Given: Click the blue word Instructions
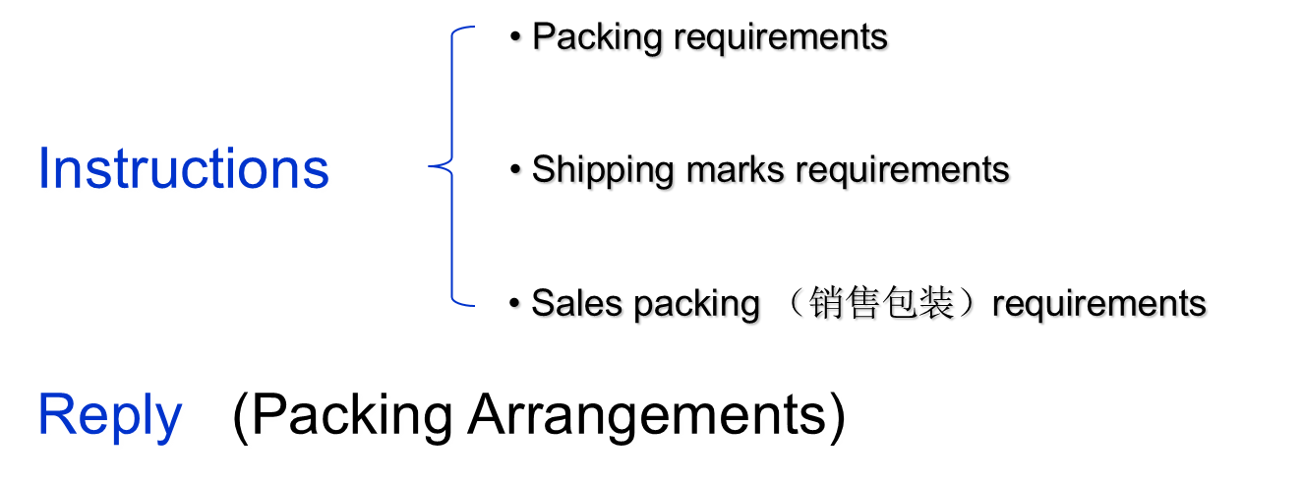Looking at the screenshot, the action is [185, 169].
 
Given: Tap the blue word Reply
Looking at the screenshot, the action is [111, 415].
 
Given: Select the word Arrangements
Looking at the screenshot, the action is [648, 417].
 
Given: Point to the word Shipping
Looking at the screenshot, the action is [604, 171].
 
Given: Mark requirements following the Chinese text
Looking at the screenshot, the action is [1100, 304].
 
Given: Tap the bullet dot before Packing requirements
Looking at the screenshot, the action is [515, 38].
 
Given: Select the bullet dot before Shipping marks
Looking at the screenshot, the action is [515, 170].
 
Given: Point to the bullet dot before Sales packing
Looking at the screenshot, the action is [515, 303].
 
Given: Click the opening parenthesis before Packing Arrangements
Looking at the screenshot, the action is [243, 418].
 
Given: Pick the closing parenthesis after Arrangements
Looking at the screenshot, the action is [839, 418].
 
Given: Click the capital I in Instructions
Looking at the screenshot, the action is [45, 169].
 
